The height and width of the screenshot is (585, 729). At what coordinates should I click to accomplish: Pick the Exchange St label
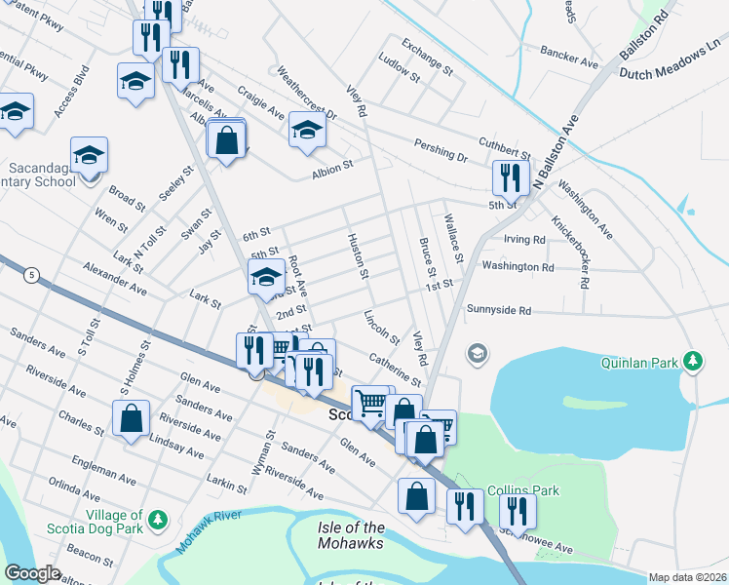(x=428, y=58)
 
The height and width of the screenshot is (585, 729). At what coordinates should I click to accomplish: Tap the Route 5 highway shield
(x=33, y=275)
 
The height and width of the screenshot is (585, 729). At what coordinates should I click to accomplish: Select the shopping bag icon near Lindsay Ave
(x=131, y=419)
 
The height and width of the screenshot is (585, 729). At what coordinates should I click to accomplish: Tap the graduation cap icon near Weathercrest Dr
(x=307, y=129)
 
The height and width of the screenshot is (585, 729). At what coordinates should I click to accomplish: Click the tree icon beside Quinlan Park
(x=693, y=362)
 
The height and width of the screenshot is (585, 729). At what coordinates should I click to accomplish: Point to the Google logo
(x=32, y=573)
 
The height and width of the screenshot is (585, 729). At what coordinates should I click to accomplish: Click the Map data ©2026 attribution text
(x=688, y=577)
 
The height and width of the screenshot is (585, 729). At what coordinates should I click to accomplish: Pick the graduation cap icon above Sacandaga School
(x=89, y=154)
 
